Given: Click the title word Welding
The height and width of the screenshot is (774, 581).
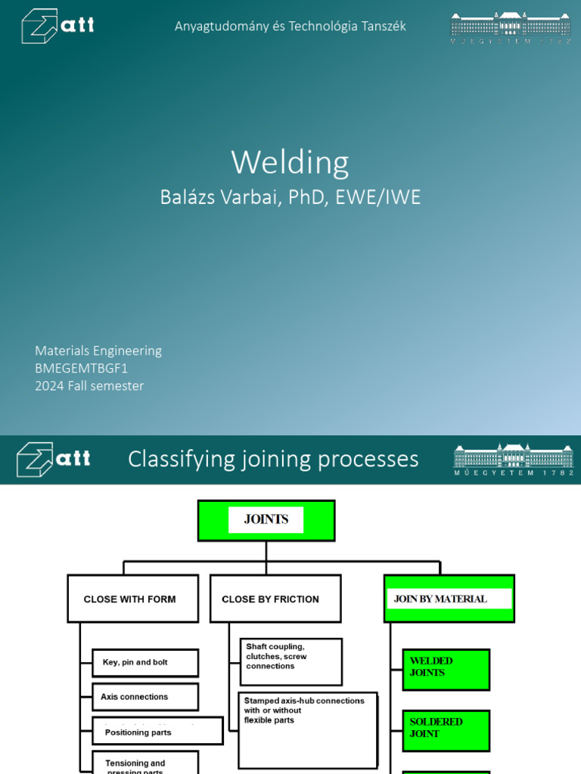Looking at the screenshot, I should [290, 163].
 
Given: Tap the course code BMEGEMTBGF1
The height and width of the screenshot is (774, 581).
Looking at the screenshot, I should [82, 368].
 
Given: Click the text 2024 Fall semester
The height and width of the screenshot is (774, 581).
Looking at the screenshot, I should [89, 385].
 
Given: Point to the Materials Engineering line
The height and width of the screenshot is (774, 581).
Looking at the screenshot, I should [98, 351].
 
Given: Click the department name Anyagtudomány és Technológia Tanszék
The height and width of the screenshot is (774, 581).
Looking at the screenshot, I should [290, 26].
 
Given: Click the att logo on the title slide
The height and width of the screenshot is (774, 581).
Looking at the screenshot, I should [57, 26].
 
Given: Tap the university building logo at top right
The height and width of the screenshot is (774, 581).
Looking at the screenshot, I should [511, 27].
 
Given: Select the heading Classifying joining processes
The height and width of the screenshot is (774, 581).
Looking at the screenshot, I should [273, 459].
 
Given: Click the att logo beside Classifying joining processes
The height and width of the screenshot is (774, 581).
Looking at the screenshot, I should [53, 459].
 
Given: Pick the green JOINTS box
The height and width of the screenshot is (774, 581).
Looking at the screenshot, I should [266, 520].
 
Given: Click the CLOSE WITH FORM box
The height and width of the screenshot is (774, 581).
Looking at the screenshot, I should [132, 599].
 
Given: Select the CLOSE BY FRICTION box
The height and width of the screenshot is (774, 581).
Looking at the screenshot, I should [275, 599].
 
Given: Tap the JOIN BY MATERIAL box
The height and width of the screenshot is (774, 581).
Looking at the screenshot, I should [449, 599].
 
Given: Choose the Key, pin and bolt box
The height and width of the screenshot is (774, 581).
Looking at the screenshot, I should [145, 663].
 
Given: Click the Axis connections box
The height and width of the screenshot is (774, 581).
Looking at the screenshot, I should [145, 697].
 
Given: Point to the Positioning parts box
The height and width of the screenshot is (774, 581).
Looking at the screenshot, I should [157, 731].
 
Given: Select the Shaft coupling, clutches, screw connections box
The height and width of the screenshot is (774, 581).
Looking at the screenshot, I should [291, 661].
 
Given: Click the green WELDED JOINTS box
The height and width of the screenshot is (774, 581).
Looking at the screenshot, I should [446, 669].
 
